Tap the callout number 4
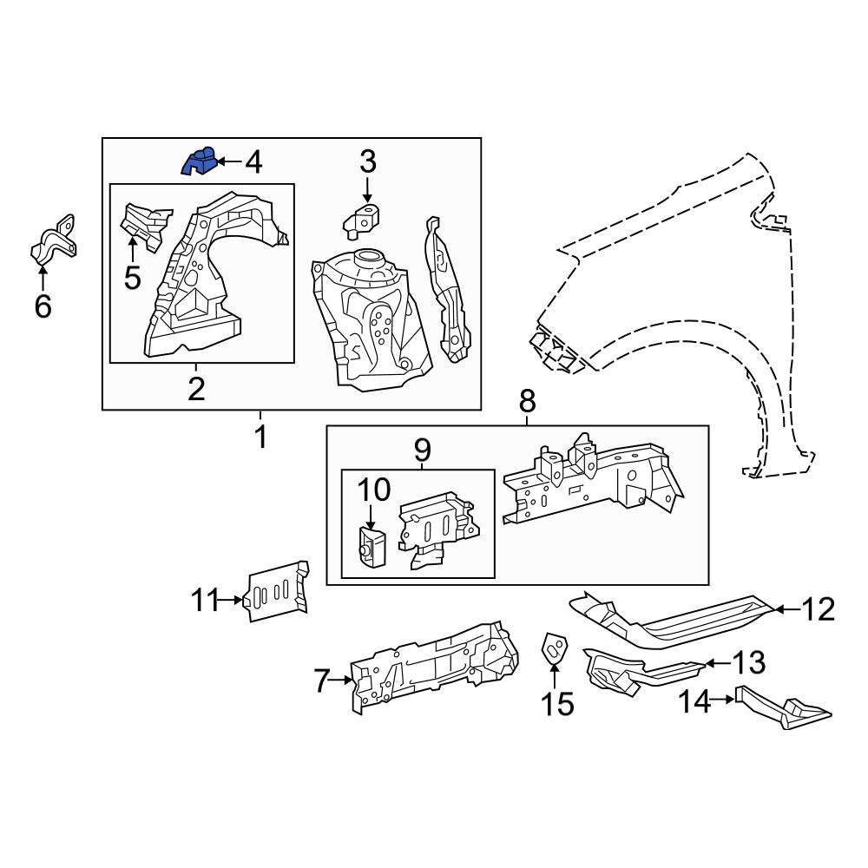253,161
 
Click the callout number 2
196,388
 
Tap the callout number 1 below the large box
260,437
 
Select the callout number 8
527,401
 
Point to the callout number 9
421,450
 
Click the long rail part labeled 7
434,664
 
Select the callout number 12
816,609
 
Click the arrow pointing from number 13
712,664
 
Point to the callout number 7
322,681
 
